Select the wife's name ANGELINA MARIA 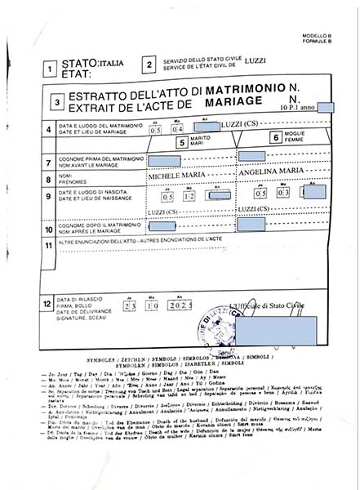click(270, 173)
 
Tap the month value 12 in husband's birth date click(189, 197)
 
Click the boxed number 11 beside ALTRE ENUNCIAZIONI click(51, 245)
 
